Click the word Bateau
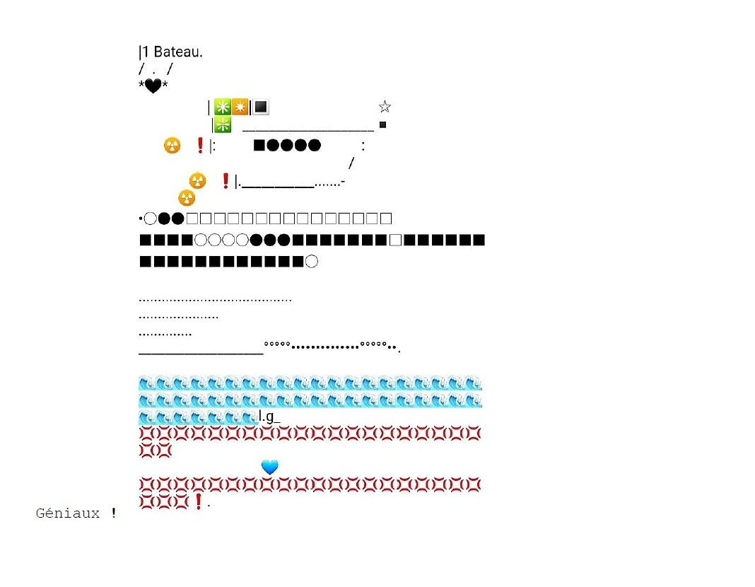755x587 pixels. point(178,52)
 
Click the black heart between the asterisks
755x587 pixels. point(153,86)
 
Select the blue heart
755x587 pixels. point(269,467)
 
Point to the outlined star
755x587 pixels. point(385,107)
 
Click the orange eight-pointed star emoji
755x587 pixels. point(240,107)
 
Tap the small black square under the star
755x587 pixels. point(383,125)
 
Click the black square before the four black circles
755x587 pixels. point(259,146)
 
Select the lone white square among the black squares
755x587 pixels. point(396,240)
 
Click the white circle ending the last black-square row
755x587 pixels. point(312,262)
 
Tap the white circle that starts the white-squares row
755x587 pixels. point(150,219)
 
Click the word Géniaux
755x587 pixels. point(68,513)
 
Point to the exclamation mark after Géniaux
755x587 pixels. point(113,513)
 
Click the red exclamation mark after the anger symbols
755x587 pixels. point(199,501)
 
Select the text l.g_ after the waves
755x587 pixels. point(269,417)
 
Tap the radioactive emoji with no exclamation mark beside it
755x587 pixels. point(187,198)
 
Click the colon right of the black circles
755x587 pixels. point(363,146)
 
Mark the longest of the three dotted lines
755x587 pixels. point(215,300)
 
